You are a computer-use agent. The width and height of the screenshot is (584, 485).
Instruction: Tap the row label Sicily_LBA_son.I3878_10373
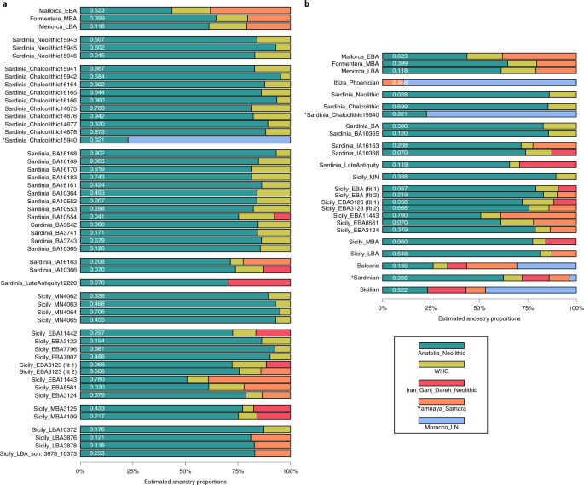pyautogui.click(x=39, y=452)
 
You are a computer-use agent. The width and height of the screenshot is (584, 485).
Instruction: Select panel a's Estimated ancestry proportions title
pyautogui.click(x=186, y=480)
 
